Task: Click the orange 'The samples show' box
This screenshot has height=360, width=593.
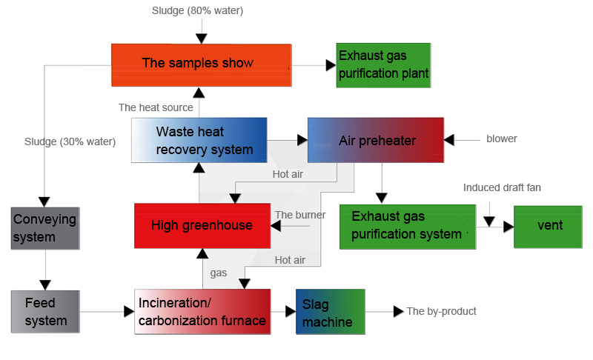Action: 198,64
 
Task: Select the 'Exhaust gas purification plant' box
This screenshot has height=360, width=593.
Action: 382,65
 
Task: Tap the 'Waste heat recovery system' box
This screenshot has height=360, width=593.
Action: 199,140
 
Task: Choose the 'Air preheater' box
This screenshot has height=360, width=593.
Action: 376,140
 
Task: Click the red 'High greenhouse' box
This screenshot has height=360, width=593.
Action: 202,225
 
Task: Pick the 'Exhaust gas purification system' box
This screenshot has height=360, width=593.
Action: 407,226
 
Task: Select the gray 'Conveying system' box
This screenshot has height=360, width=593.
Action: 45,228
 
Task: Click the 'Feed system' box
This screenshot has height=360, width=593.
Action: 45,312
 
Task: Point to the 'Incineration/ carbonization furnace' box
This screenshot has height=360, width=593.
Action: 202,312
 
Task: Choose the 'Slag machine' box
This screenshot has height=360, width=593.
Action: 330,312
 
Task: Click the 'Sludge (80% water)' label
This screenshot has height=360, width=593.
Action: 197,10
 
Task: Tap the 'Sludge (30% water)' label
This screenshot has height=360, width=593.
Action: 70,141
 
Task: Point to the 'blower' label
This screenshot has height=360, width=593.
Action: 502,139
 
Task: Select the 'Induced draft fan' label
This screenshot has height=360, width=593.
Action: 502,187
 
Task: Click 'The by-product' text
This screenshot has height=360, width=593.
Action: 441,311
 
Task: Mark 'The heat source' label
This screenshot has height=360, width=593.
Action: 156,107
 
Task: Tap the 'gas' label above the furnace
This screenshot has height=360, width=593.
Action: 219,273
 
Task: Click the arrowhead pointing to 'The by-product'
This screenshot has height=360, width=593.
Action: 399,311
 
